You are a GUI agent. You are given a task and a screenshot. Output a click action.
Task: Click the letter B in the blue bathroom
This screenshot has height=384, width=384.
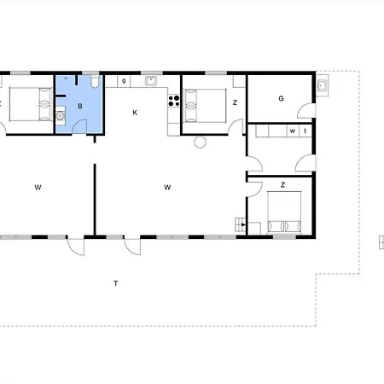pos(80,106)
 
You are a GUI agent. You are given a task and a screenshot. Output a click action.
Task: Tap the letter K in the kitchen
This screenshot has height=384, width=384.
pos(135,113)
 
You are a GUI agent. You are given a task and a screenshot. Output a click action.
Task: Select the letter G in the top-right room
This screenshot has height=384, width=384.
pos(280,99)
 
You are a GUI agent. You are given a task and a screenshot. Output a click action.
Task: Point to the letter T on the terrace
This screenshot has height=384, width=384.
pos(115,282)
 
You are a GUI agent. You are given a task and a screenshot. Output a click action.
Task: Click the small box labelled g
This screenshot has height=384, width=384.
pos(125,81)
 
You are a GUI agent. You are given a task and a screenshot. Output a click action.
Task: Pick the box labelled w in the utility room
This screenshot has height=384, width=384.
pos(293,131)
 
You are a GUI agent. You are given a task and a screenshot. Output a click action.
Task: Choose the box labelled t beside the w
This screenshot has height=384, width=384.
pos(305,131)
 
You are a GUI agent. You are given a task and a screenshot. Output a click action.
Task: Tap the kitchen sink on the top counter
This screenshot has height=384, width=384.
pos(152,82)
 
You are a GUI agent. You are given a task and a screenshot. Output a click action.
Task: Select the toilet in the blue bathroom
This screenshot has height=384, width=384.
pos(93,84)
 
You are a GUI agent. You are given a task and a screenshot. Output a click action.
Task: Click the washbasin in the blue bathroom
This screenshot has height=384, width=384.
pos(61,116)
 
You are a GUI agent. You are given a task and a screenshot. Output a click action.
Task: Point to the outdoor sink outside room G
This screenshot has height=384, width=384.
pos(322,85)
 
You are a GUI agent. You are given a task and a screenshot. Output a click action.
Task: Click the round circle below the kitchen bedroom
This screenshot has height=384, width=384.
pos(201,143)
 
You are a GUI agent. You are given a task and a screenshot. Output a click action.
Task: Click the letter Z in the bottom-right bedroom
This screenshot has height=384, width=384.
pos(282,185)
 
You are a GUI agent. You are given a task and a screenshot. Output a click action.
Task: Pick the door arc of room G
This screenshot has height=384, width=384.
pos(305,109)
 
